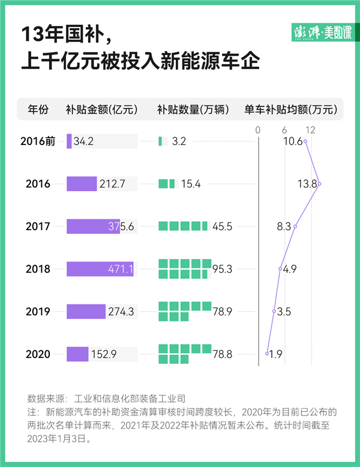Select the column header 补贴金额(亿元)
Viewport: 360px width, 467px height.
pyautogui.click(x=102, y=110)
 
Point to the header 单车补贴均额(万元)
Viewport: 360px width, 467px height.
pyautogui.click(x=290, y=110)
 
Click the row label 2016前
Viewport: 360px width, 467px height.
pyautogui.click(x=38, y=141)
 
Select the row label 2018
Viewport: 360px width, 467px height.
pyautogui.click(x=38, y=269)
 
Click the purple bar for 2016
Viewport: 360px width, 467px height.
pyautogui.click(x=82, y=184)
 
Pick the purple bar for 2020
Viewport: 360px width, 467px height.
pyautogui.click(x=77, y=354)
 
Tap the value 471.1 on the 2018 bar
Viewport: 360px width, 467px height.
pyautogui.click(x=121, y=269)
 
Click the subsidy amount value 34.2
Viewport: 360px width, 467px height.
pyautogui.click(x=83, y=141)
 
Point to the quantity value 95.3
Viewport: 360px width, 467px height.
pyautogui.click(x=222, y=269)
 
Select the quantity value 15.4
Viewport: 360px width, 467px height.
pyautogui.click(x=190, y=184)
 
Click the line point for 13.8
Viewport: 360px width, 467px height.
pyautogui.click(x=319, y=184)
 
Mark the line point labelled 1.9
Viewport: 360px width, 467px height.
pyautogui.click(x=267, y=354)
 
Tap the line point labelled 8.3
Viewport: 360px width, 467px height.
pyautogui.click(x=295, y=227)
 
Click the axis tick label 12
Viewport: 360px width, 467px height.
pyautogui.click(x=310, y=130)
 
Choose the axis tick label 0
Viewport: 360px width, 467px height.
pyautogui.click(x=257, y=130)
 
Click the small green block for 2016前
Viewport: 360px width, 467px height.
pyautogui.click(x=160, y=141)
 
